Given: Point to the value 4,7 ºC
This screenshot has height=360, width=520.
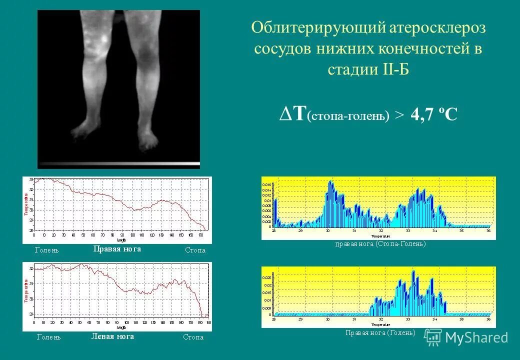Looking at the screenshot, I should (x=433, y=115).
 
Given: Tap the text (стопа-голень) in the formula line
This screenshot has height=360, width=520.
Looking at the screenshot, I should (x=348, y=116).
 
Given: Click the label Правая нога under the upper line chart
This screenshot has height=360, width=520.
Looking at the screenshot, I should (x=117, y=249).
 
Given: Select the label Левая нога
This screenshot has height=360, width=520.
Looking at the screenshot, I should (x=112, y=336).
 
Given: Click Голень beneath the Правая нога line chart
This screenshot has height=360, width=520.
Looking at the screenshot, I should (x=46, y=250).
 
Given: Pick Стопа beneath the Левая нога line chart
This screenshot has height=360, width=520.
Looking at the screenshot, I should (x=193, y=337).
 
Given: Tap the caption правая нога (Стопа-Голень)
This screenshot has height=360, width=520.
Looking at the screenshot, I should (x=380, y=244).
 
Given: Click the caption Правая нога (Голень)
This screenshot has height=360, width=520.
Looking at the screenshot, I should (x=380, y=332).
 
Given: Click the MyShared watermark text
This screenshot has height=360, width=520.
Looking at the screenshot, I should (x=476, y=338).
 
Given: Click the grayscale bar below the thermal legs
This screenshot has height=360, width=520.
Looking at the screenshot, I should (x=118, y=164).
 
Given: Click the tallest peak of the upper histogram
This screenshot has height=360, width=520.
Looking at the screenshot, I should (x=330, y=183).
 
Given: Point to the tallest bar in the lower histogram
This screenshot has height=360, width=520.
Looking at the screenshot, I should (x=413, y=273).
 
